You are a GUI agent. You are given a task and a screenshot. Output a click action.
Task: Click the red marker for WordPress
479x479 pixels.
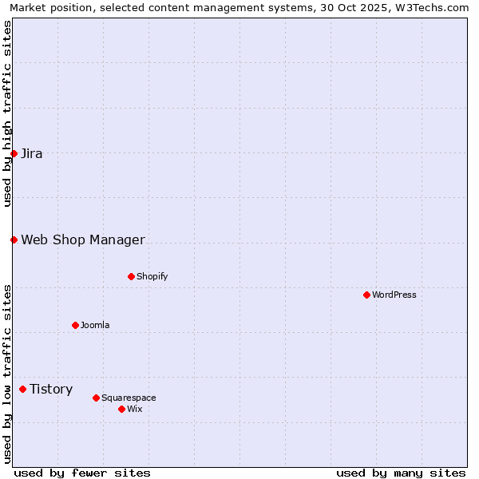(x=366, y=295)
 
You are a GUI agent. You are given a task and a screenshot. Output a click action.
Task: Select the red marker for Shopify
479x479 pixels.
(x=131, y=276)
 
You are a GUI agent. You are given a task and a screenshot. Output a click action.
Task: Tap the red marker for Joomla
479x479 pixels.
(x=75, y=325)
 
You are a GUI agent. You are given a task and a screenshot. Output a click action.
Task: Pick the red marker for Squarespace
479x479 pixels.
(x=96, y=398)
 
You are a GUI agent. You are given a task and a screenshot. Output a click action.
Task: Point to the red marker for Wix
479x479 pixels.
(x=121, y=409)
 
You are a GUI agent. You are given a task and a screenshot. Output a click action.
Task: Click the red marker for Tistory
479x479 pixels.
(x=22, y=389)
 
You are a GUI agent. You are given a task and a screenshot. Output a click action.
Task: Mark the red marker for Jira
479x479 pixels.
(x=14, y=153)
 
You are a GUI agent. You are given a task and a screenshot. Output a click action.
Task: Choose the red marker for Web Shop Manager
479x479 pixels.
(x=14, y=239)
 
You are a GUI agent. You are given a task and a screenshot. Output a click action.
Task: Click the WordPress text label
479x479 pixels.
(x=394, y=295)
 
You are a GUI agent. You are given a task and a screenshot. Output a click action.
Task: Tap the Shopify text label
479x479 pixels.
(x=152, y=276)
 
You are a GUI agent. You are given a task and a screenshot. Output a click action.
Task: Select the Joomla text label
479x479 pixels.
(x=95, y=325)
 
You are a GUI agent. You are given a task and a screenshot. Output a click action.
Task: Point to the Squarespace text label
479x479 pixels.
(x=129, y=398)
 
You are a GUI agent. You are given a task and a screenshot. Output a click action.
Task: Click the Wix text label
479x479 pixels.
(x=135, y=409)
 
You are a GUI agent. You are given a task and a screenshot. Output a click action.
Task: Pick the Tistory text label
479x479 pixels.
(x=51, y=389)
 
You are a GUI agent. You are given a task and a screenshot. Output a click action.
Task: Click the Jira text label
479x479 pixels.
(x=32, y=153)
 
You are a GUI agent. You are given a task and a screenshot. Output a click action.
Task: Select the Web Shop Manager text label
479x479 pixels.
(x=83, y=239)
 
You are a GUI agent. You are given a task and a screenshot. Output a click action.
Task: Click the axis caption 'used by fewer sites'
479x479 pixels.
(x=82, y=473)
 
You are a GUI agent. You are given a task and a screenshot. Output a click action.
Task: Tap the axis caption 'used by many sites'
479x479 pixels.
(x=401, y=473)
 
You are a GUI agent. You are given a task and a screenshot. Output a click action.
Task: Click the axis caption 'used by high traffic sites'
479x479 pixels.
(x=7, y=114)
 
